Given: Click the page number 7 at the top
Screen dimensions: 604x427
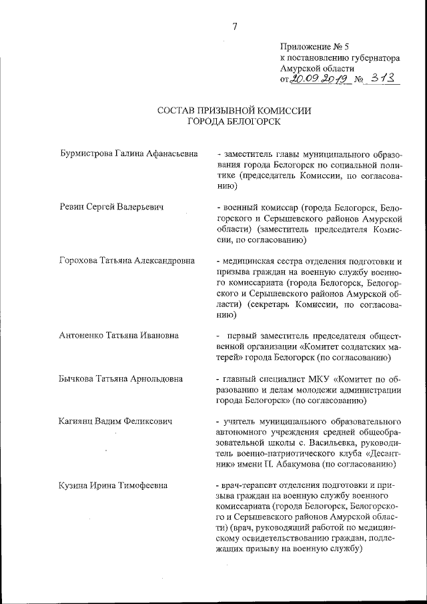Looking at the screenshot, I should [x=234, y=27].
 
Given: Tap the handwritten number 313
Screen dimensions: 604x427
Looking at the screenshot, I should [x=384, y=79].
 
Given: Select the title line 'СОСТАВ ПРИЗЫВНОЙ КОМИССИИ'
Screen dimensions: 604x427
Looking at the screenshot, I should [x=234, y=110].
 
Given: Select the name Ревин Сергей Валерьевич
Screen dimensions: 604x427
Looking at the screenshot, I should [x=111, y=208].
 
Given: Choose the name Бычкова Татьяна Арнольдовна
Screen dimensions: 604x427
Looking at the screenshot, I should [x=121, y=379].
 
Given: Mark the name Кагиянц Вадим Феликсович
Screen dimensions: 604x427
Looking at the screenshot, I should [x=116, y=422].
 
